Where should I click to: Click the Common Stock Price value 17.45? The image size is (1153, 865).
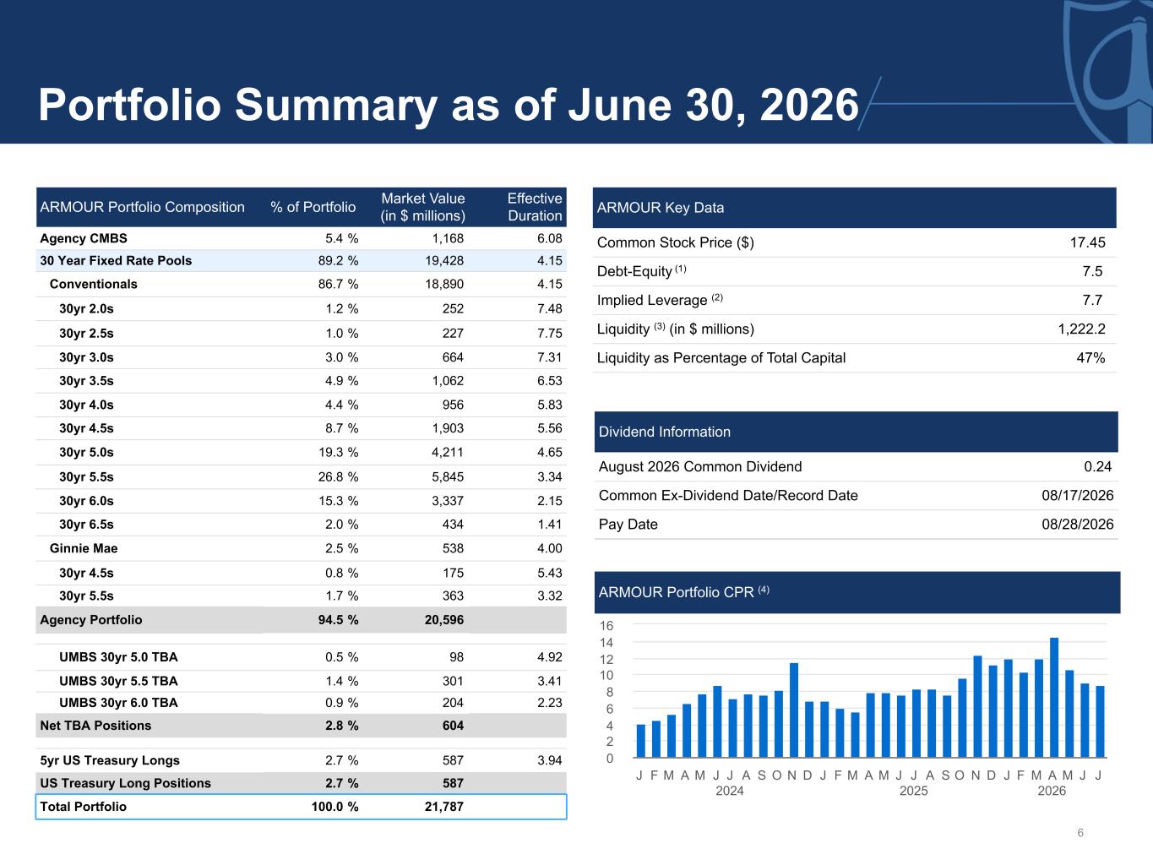tap(1087, 242)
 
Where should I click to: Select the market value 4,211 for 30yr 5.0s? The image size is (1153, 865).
tap(447, 452)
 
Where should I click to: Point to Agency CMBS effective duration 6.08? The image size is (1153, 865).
tap(549, 238)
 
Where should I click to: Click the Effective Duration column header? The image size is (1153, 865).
tap(534, 207)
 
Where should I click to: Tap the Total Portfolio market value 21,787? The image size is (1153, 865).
tap(443, 807)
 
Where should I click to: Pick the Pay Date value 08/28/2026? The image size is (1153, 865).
tap(1077, 524)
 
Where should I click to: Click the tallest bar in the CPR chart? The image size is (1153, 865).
tap(1053, 698)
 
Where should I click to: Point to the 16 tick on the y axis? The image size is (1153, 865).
tap(606, 625)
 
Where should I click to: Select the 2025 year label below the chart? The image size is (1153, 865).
tap(913, 791)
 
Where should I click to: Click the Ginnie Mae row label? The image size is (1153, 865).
tap(84, 548)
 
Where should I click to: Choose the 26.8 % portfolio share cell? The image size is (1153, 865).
tap(338, 477)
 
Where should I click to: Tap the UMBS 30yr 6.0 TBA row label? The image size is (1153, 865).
tap(118, 703)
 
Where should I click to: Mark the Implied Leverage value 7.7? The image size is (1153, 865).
tap(1092, 301)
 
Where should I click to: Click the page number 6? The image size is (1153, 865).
tap(1080, 833)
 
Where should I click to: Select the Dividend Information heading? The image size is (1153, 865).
tap(665, 432)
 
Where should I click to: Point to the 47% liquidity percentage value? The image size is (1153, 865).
tap(1090, 357)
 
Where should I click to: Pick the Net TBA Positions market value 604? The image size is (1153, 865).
tap(453, 726)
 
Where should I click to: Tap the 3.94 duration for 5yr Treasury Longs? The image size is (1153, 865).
tap(549, 760)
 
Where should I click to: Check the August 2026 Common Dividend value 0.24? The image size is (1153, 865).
tap(1097, 466)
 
